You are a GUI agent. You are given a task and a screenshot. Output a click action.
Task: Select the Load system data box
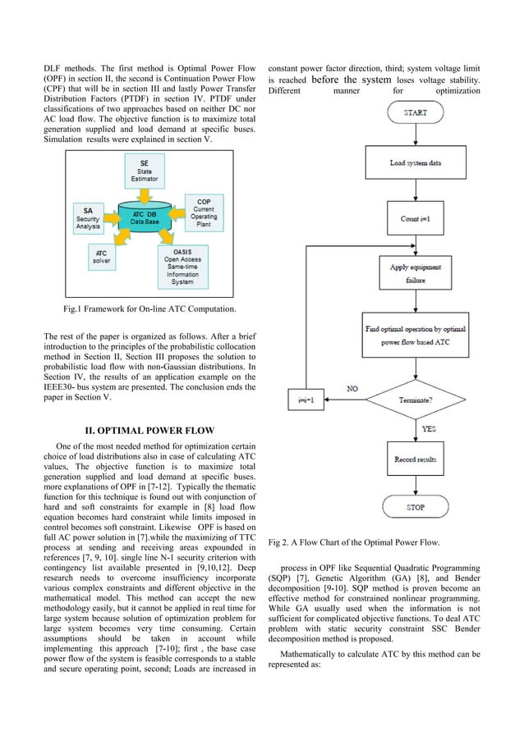point(415,162)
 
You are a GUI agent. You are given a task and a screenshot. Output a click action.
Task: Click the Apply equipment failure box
point(415,272)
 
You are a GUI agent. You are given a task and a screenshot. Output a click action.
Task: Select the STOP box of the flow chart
point(415,508)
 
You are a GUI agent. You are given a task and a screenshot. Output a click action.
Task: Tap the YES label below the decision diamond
point(429,428)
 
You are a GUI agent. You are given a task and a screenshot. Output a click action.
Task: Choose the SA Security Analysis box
point(88,216)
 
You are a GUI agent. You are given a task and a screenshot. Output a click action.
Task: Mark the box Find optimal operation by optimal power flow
point(415,334)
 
